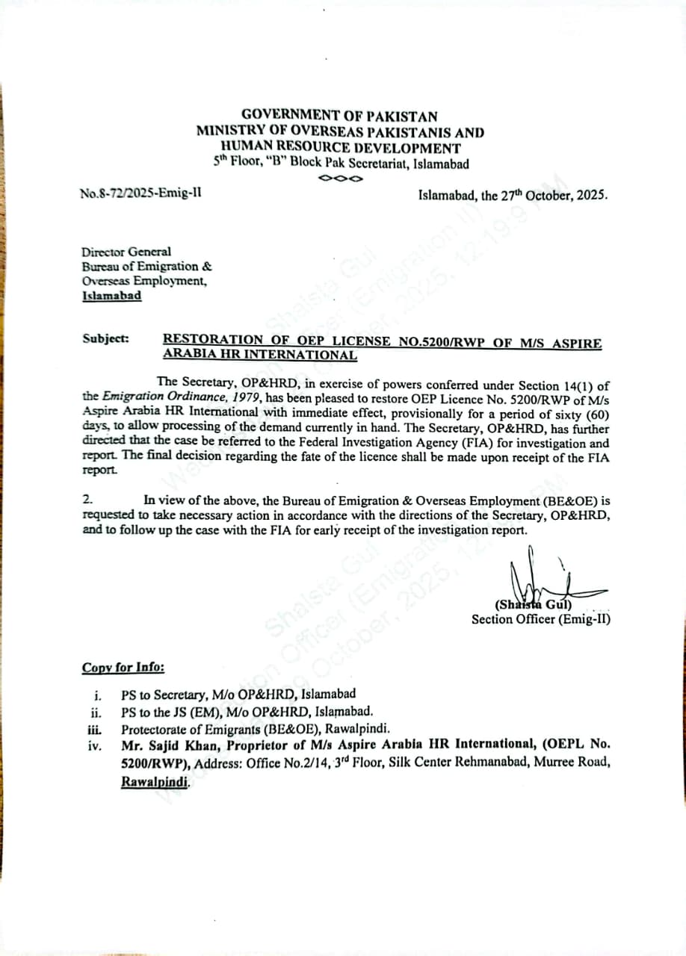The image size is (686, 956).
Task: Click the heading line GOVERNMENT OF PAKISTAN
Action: (339, 117)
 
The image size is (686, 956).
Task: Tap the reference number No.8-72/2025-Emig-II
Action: (140, 194)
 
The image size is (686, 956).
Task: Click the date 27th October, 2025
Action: (554, 196)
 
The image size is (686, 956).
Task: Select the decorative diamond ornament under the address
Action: (340, 179)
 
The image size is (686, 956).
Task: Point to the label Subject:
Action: (105, 338)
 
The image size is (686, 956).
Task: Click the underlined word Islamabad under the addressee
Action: (111, 296)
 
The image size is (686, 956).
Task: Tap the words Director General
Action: (126, 252)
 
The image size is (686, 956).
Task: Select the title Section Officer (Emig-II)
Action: (540, 618)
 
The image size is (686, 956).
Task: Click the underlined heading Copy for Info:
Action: (123, 668)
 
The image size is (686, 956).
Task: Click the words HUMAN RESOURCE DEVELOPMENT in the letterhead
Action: (341, 148)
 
